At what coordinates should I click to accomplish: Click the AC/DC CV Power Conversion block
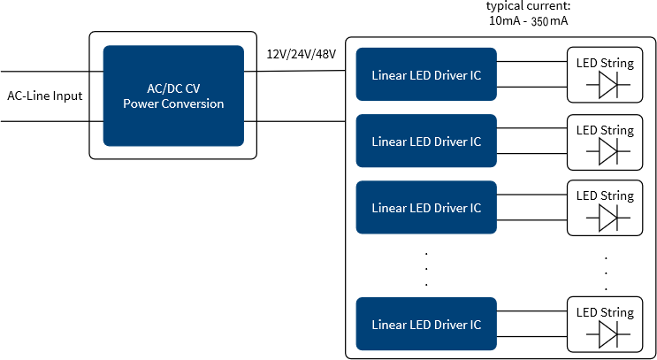[173, 96]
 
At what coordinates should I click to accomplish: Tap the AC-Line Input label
[45, 96]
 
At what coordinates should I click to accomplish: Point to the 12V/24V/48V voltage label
[302, 54]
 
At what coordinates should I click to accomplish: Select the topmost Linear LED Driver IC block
[426, 74]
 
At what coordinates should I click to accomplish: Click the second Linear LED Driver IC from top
[426, 141]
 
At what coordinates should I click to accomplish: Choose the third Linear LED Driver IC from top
[426, 207]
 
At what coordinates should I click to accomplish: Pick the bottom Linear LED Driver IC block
[426, 324]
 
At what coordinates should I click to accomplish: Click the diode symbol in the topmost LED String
[608, 85]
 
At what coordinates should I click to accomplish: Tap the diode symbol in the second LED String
[608, 152]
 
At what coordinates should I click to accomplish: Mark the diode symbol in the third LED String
[608, 218]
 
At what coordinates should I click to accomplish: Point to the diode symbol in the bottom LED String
[608, 334]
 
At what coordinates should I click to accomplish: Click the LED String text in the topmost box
[605, 64]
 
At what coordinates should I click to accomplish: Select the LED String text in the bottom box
[605, 312]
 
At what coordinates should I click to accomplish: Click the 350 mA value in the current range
[549, 21]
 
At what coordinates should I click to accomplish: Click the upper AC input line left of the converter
[52, 72]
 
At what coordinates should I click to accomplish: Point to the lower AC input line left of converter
[52, 121]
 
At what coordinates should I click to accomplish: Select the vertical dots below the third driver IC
[426, 269]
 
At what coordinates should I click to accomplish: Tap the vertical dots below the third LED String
[606, 273]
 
